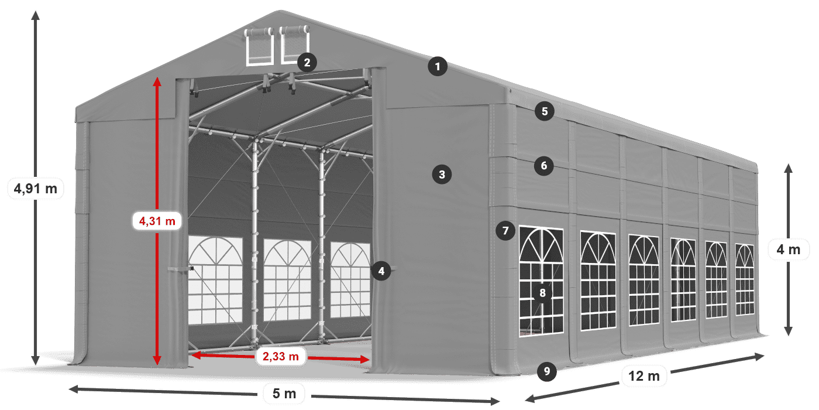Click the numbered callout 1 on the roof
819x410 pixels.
[437, 66]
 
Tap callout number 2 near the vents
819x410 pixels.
[307, 62]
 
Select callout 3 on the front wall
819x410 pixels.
[442, 174]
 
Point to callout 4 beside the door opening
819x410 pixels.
[381, 271]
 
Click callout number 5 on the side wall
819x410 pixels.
[544, 111]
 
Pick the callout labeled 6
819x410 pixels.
[544, 166]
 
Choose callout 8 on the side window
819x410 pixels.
[542, 293]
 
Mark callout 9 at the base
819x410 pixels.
[546, 370]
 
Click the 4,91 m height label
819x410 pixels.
[35, 189]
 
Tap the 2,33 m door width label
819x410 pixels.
[281, 356]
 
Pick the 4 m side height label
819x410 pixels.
[788, 250]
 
